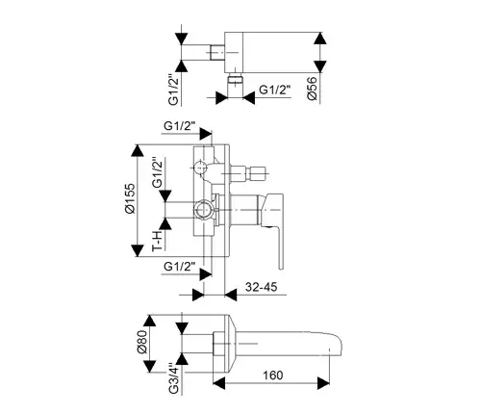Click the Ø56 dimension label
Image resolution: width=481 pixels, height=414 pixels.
[x=312, y=89]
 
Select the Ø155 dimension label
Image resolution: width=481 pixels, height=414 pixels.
[x=131, y=198]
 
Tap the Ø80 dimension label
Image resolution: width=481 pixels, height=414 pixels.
[x=142, y=342]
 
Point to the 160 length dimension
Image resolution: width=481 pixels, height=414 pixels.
[x=273, y=375]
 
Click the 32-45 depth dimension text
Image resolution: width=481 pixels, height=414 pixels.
[x=261, y=287]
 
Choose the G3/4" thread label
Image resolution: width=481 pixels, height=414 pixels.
[x=174, y=378]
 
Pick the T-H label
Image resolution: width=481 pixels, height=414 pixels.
[x=158, y=242]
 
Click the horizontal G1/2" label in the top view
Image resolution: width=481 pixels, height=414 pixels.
[x=275, y=90]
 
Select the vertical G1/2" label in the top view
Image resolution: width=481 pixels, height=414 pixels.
[x=174, y=90]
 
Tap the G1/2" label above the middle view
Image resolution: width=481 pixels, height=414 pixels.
[x=180, y=126]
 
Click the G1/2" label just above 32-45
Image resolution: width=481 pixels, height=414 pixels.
[x=180, y=267]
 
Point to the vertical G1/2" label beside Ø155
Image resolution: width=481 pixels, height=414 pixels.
[x=158, y=172]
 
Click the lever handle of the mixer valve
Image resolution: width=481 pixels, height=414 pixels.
[x=274, y=224]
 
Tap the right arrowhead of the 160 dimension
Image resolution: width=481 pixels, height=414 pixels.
[x=323, y=383]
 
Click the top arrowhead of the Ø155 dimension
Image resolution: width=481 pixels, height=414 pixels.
[x=138, y=150]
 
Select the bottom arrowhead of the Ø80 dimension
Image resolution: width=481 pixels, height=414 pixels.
[x=150, y=367]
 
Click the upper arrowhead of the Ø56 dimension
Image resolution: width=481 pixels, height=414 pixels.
[x=320, y=39]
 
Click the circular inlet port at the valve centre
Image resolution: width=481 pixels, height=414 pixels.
[x=204, y=210]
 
